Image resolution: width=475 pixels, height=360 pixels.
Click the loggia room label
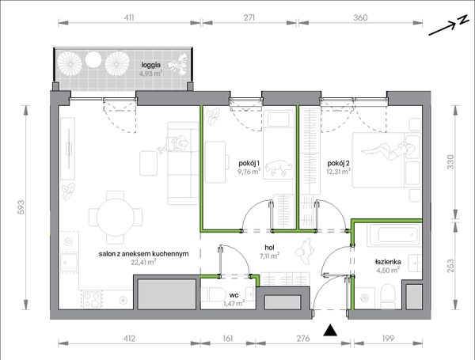[151, 65]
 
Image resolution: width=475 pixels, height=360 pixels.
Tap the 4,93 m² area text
[150, 74]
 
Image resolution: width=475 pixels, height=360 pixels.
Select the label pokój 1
[249, 164]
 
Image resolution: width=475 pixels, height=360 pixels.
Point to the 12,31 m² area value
[338, 172]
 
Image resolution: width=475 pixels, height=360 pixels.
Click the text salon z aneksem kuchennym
[143, 254]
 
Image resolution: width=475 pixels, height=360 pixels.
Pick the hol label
[269, 248]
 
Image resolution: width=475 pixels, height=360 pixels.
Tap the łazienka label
[388, 262]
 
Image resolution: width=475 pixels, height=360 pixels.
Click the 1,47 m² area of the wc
[234, 303]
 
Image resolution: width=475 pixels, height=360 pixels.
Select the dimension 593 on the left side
[21, 207]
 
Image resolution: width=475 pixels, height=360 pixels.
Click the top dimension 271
[249, 18]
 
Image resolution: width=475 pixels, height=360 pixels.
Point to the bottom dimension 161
[227, 338]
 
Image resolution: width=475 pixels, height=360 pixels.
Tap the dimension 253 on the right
[450, 266]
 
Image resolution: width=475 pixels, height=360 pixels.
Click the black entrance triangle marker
[330, 330]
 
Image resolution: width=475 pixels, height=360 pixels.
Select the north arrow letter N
[462, 20]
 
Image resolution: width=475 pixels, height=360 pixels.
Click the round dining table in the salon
[115, 217]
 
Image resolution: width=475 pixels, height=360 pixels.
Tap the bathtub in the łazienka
[393, 235]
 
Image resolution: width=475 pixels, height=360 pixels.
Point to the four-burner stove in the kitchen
[92, 299]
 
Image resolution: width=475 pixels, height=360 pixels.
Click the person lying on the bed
[387, 150]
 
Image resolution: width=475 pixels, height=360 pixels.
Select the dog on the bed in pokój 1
[279, 168]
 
